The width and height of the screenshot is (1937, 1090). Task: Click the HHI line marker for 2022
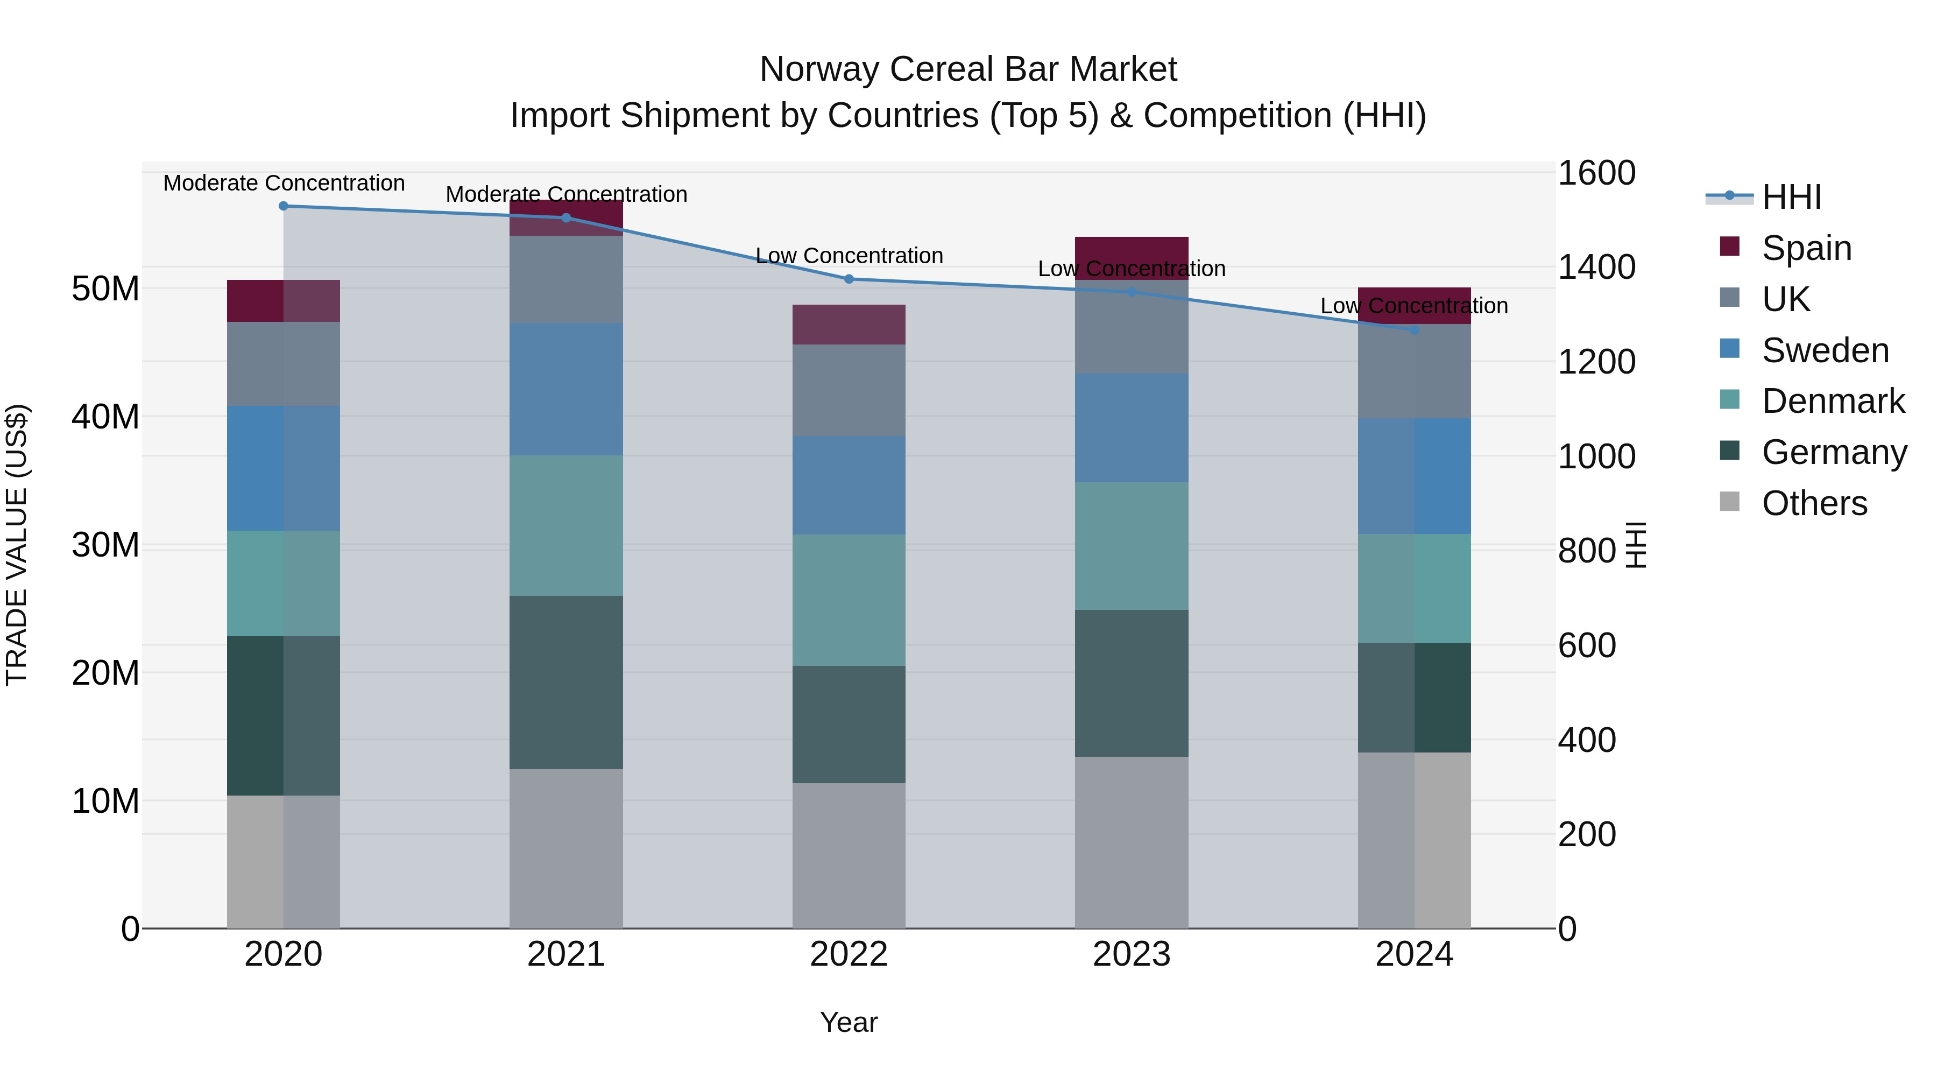(849, 279)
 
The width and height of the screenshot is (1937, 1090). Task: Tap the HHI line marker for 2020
(284, 206)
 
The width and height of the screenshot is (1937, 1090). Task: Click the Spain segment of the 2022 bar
(849, 325)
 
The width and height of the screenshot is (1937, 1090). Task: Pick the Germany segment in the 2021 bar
(566, 683)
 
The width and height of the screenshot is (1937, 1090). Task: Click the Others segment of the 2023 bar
(1132, 842)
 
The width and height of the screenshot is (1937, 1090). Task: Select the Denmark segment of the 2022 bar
(849, 600)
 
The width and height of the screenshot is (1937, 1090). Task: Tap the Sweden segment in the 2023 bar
(1132, 428)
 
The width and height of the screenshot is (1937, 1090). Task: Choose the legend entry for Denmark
(1833, 401)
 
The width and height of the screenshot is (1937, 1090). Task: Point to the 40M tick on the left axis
(105, 417)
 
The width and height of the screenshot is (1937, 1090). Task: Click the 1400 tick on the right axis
(1596, 267)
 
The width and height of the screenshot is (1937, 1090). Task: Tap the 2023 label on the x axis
(1132, 954)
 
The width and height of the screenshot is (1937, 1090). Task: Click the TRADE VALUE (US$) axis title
(17, 545)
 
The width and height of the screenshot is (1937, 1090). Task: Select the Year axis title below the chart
(849, 1022)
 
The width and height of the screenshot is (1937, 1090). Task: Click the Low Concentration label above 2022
(849, 256)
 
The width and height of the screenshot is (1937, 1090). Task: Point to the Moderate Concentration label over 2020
(284, 183)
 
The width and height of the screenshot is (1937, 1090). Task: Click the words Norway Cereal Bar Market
(968, 69)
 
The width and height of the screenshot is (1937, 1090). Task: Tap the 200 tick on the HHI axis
(1587, 834)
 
